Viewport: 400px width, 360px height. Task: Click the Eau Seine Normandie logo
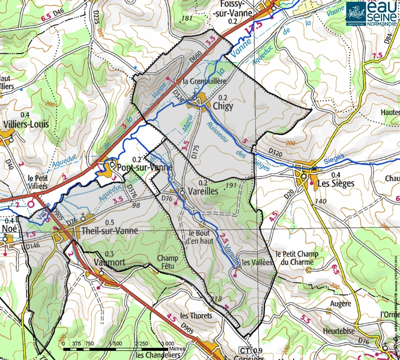click(372, 14)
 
